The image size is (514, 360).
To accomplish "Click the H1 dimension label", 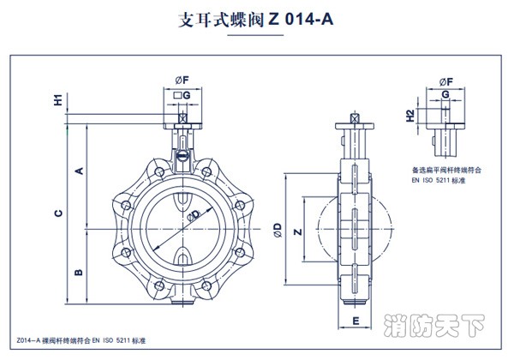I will pyautogui.click(x=59, y=99).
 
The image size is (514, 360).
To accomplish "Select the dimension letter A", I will pyautogui.click(x=78, y=171).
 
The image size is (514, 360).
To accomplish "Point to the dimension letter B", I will pyautogui.click(x=78, y=273).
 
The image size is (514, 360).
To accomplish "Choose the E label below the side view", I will pyautogui.click(x=354, y=321).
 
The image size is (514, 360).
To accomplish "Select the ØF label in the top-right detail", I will pyautogui.click(x=445, y=81).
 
